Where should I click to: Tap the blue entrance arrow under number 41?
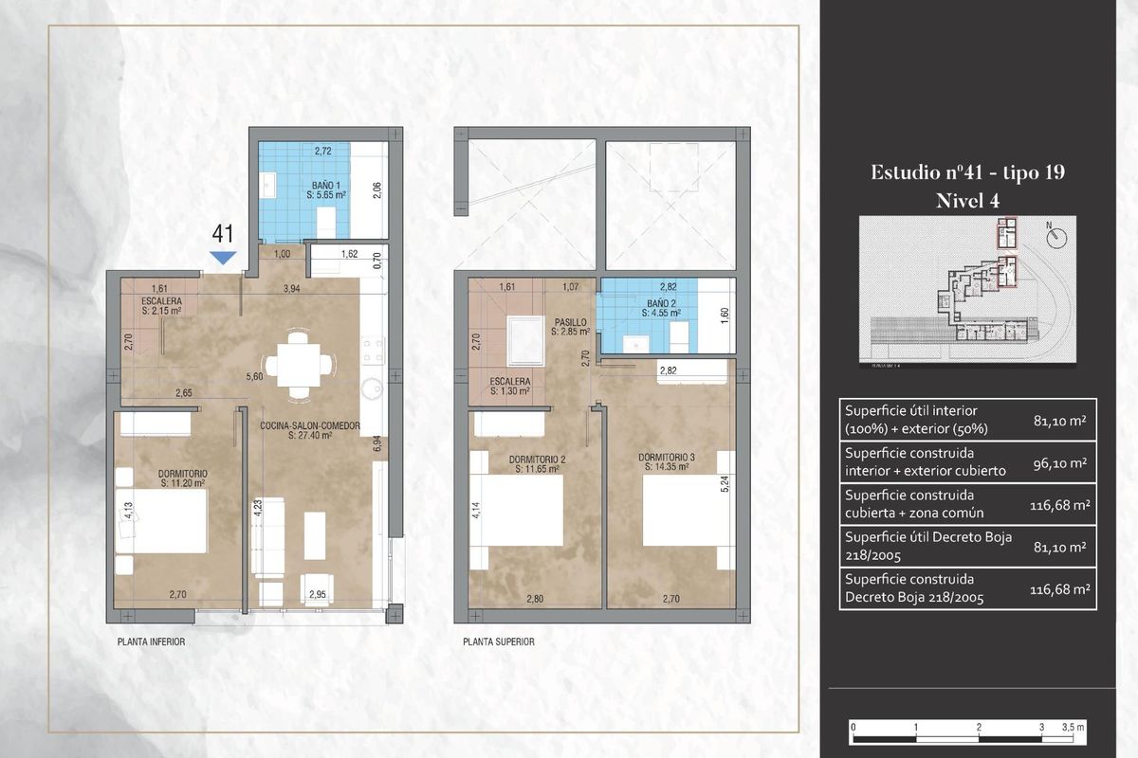coord(223,257)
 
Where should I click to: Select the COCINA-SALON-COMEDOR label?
coord(310,431)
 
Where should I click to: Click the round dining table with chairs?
coord(300,364)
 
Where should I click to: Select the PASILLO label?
coord(570,328)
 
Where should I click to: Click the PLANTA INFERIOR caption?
coord(151,641)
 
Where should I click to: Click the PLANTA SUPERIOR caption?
coord(499,641)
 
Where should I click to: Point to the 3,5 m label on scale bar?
coord(1074,727)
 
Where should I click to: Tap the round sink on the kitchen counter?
coord(372,388)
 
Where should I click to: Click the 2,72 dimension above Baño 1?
coord(323,151)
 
